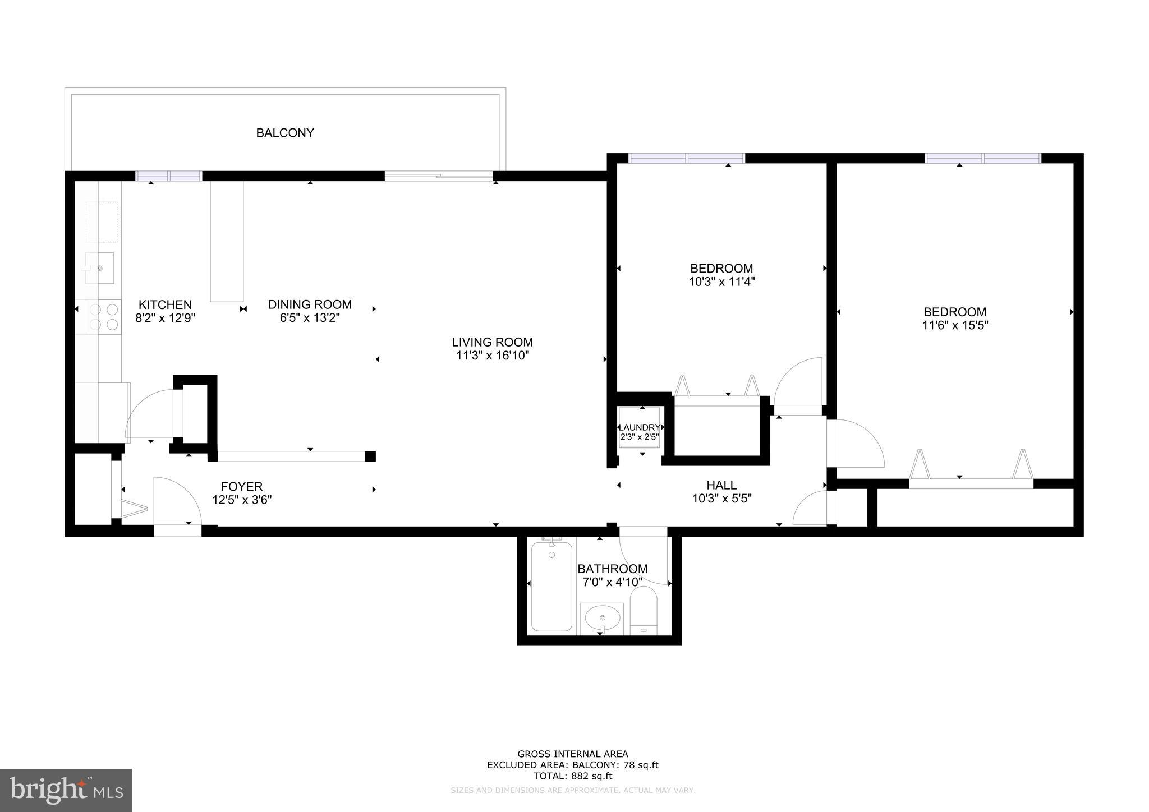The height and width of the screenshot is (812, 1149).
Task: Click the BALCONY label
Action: [x=285, y=133]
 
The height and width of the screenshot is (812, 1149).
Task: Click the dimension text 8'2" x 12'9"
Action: [x=165, y=318]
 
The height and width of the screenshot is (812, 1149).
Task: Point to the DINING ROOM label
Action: [x=310, y=304]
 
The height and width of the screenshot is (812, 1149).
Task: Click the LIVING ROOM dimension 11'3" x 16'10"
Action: [x=492, y=356]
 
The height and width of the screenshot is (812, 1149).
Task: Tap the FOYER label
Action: [x=241, y=486]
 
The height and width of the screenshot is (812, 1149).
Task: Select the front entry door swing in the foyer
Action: [x=177, y=502]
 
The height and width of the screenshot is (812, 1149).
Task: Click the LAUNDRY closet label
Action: [x=639, y=427]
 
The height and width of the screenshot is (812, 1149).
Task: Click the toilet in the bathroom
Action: [x=644, y=610]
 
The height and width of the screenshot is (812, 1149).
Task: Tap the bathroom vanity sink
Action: [x=601, y=619]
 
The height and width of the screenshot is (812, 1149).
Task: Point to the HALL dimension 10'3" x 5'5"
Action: [x=721, y=498]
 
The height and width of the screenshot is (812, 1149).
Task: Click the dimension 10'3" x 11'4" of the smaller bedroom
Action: [x=721, y=282]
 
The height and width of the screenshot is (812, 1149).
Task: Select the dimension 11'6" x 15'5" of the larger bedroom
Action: [x=955, y=325]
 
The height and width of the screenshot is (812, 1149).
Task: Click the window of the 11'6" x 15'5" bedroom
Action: [x=983, y=159]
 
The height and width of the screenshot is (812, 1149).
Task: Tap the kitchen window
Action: [x=169, y=176]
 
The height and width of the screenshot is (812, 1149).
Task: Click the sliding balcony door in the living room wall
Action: [x=439, y=176]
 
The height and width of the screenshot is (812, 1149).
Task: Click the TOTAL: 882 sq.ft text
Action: [x=572, y=776]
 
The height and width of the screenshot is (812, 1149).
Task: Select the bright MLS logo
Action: [x=66, y=791]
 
